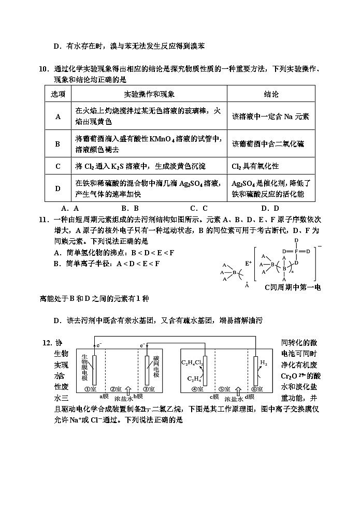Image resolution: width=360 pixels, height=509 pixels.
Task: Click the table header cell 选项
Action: pyautogui.click(x=58, y=95)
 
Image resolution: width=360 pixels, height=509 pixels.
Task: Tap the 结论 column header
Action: pyautogui.click(x=271, y=95)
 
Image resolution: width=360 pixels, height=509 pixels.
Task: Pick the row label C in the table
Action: pyautogui.click(x=58, y=166)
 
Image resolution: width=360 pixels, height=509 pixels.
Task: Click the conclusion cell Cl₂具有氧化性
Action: pyautogui.click(x=255, y=166)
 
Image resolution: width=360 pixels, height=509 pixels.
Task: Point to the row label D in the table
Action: pyautogui.click(x=58, y=188)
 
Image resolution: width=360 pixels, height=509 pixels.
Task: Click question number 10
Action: pyautogui.click(x=44, y=69)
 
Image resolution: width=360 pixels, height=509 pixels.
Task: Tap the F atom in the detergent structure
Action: pyautogui.click(x=296, y=252)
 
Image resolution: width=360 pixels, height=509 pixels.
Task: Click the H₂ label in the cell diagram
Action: pyautogui.click(x=263, y=363)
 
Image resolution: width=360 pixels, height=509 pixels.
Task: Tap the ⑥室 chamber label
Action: pyautogui.click(x=256, y=389)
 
